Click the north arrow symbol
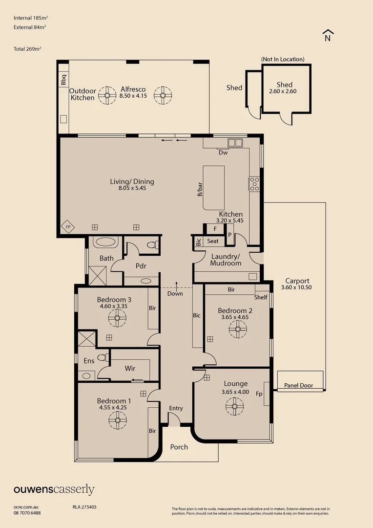328,35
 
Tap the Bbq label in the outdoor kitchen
63,80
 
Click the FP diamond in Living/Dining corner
68,227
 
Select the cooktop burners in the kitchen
254,184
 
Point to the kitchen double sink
235,142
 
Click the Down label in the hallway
175,294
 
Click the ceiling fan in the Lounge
234,406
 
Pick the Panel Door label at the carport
299,385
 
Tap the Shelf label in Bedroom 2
261,297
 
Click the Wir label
130,369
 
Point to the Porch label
179,447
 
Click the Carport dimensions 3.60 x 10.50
296,287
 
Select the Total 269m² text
27,49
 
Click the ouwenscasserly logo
54,490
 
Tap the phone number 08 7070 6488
27,513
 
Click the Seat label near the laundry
212,241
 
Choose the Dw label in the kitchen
223,153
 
